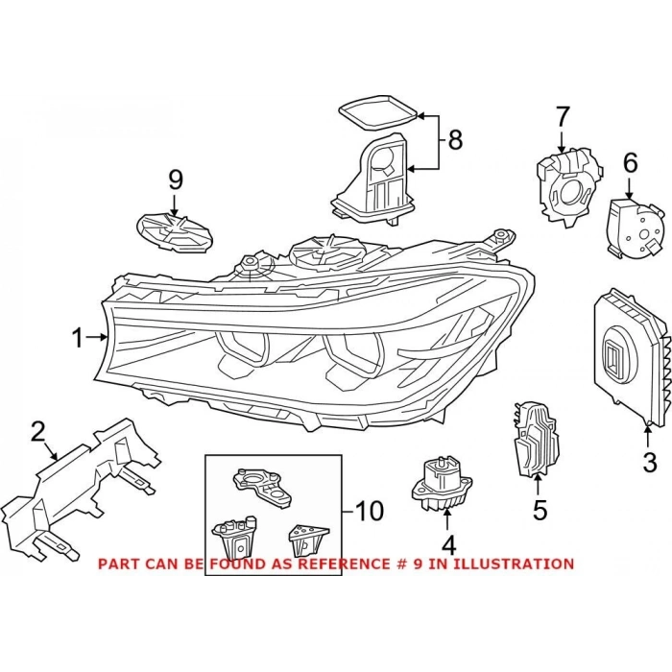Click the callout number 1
[77, 338]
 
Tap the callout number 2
[37, 431]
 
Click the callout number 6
[630, 163]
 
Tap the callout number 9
[174, 180]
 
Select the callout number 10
[369, 510]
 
